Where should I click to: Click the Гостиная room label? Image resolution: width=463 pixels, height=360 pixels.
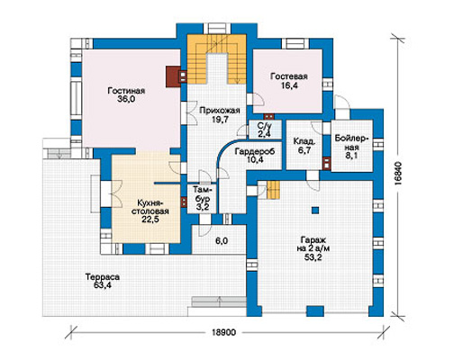coord(126,91)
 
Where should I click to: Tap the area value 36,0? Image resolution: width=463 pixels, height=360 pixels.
coord(126,99)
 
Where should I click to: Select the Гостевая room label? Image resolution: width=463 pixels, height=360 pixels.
coord(289,76)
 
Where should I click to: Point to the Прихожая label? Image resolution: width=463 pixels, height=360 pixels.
coord(220,111)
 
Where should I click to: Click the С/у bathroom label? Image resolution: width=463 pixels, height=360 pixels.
coord(265,125)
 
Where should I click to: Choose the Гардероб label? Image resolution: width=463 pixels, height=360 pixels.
coord(255,151)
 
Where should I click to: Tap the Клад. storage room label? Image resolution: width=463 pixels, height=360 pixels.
coord(304,141)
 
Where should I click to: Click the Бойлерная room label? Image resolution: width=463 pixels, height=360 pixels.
coord(351,143)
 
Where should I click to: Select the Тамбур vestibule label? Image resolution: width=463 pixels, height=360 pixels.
coord(202,194)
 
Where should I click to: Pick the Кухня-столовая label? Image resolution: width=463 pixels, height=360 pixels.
coord(153,207)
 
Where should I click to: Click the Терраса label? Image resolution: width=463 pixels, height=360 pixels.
coord(102,276)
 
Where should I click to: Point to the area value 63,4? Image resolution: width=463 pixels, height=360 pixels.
coord(102,285)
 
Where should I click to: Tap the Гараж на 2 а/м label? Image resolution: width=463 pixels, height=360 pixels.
coord(313,244)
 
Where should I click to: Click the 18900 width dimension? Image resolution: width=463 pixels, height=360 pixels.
coord(223,332)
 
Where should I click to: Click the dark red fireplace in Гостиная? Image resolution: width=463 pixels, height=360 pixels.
coord(173,76)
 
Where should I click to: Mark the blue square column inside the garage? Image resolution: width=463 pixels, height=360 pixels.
coord(314,210)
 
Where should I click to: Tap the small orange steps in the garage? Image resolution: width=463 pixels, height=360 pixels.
coord(273,190)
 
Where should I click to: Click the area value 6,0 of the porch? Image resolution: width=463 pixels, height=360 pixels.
coord(222,241)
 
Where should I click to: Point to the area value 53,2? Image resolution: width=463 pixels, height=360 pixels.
coord(313,257)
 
